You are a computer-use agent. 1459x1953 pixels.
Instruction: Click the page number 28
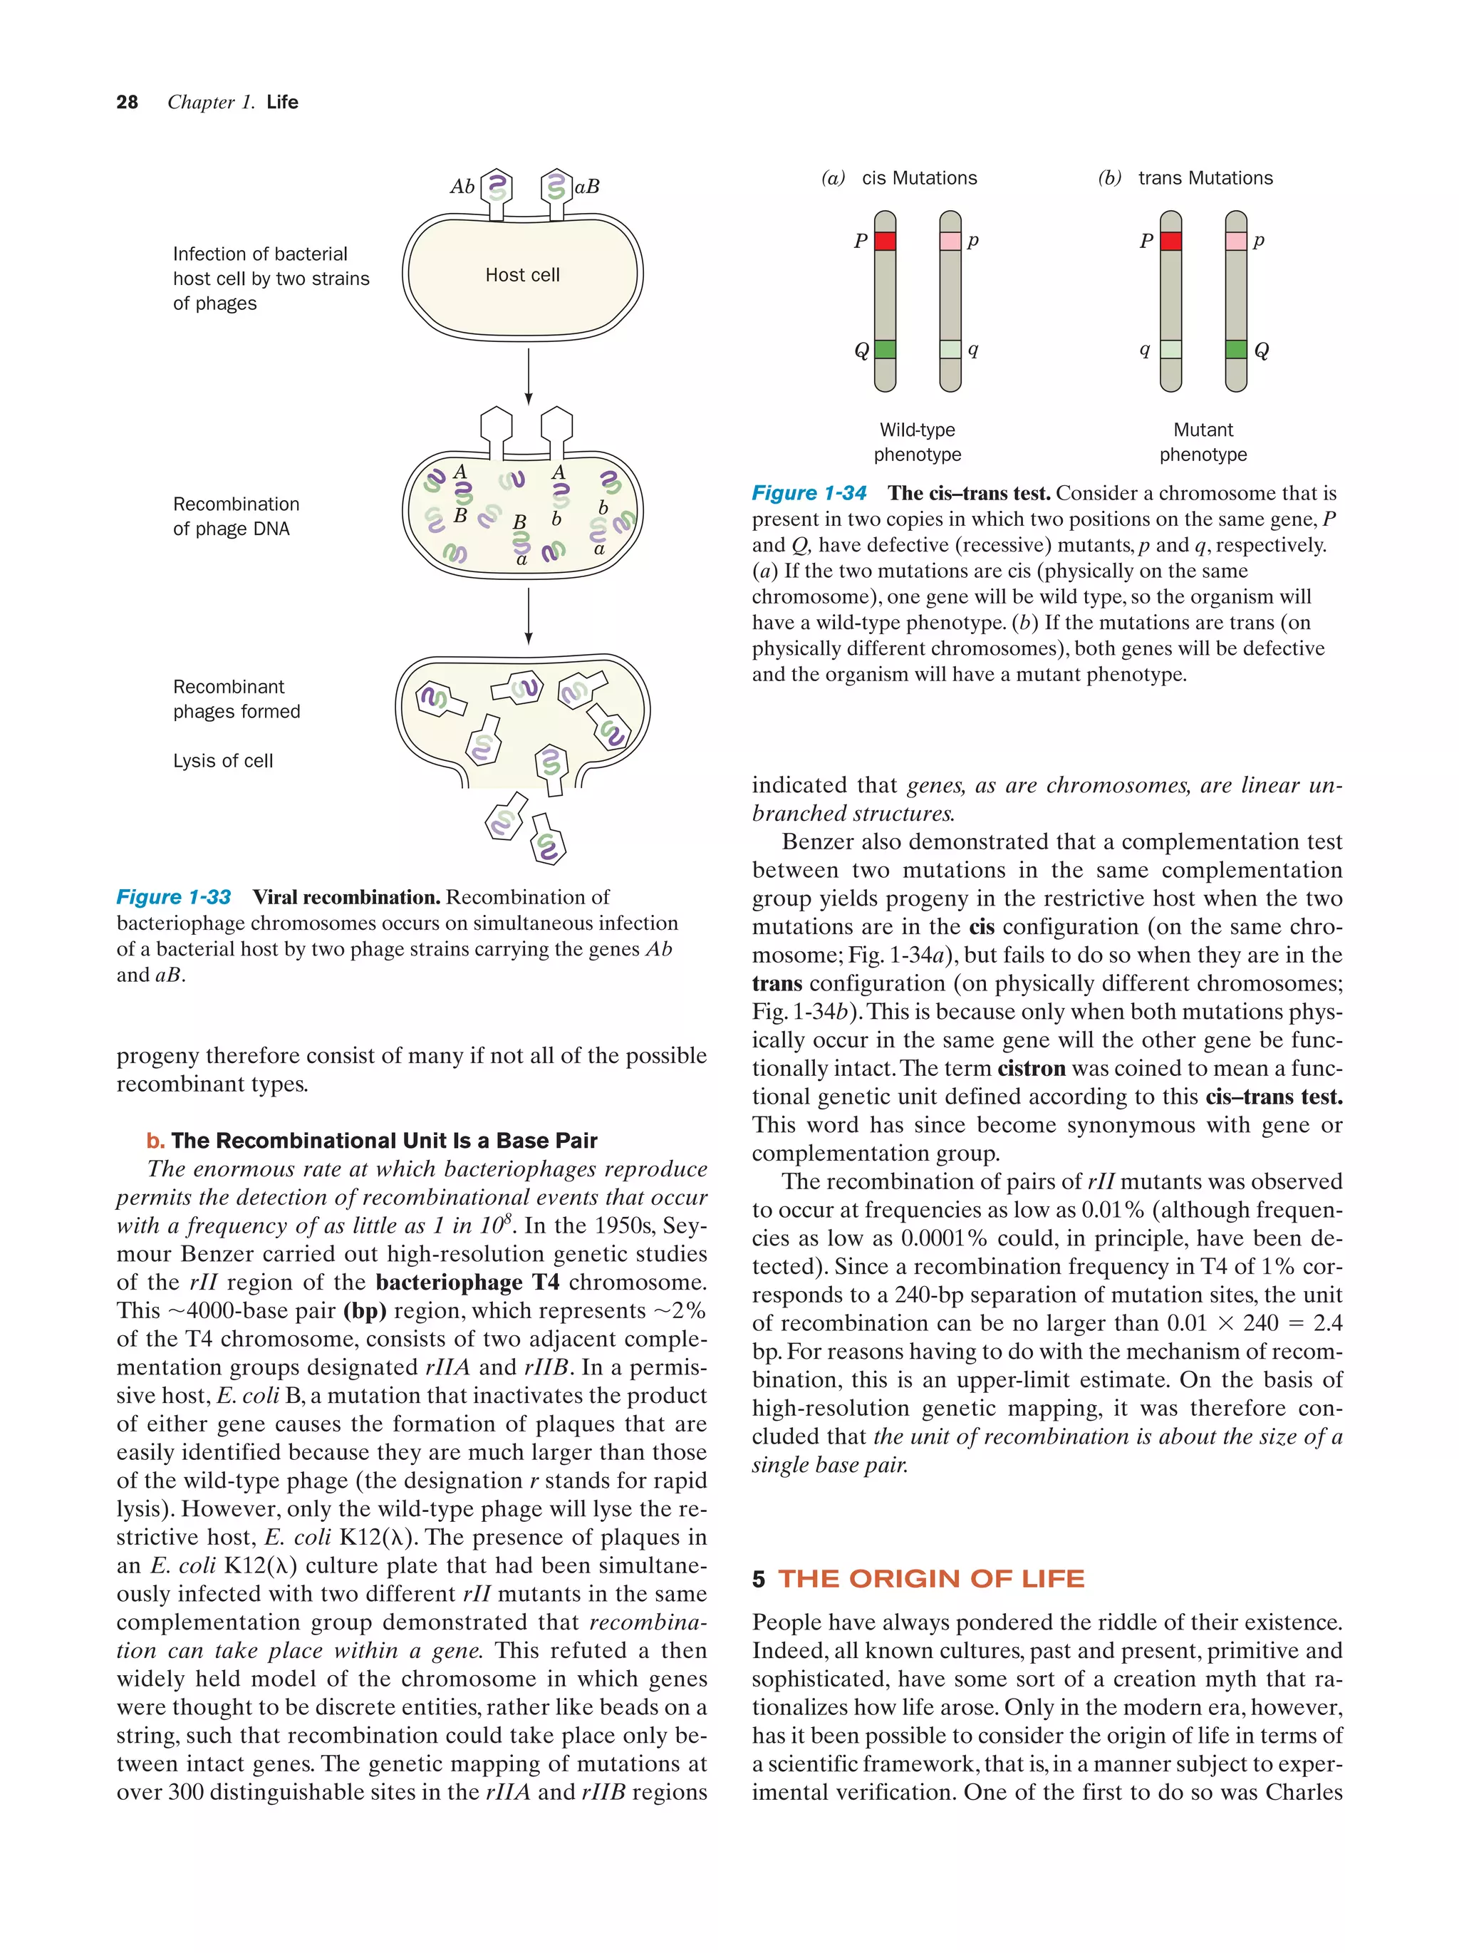click(127, 103)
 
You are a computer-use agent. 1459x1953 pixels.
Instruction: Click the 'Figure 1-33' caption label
click(174, 897)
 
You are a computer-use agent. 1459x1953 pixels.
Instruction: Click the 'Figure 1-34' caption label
click(809, 494)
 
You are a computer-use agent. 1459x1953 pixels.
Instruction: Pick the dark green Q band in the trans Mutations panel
click(1236, 350)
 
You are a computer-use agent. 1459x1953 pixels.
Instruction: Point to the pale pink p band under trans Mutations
click(1236, 241)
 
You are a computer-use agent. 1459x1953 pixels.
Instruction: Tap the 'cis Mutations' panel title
click(919, 178)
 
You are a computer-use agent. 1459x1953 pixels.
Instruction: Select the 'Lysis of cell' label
click(222, 761)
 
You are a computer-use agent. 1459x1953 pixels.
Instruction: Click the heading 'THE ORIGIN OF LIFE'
click(930, 1578)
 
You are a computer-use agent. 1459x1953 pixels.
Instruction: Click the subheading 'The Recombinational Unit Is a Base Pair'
click(383, 1141)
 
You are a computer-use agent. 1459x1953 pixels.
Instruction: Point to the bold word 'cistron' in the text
click(1031, 1068)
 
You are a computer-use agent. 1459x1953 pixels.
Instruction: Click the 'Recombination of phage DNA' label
click(236, 517)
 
